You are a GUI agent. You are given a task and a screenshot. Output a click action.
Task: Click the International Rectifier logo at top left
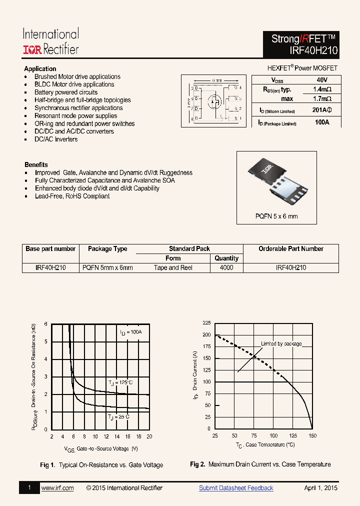coord(50,41)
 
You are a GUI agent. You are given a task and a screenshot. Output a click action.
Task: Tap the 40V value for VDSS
coord(322,80)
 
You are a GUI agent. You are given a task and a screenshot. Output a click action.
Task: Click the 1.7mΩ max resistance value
coord(322,99)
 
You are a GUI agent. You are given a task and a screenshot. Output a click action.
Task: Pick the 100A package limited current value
coord(322,122)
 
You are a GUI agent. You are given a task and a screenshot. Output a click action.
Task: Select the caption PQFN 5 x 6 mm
coord(276,216)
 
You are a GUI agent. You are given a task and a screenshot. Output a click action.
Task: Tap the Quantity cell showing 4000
coord(226,267)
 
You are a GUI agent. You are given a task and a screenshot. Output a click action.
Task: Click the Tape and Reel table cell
coord(173,267)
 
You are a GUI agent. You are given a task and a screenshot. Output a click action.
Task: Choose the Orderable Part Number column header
coord(290,248)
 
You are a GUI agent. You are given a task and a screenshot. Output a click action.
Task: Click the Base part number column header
coord(50,248)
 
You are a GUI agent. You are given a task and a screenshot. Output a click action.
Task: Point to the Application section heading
coord(40,68)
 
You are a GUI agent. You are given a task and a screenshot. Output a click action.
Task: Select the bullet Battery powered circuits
coord(66,92)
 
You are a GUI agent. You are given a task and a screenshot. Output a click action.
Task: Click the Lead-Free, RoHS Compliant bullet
coord(72,196)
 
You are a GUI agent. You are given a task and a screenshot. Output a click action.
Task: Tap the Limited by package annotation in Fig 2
coord(281,344)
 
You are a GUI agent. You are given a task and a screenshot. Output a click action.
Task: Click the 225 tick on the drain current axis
coord(206,323)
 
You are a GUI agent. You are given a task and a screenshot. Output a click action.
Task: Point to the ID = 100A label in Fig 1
coord(130,332)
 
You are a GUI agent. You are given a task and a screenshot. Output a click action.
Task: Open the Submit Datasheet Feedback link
coord(236,488)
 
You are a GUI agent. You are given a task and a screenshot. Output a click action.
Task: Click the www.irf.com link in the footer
coord(57,488)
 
